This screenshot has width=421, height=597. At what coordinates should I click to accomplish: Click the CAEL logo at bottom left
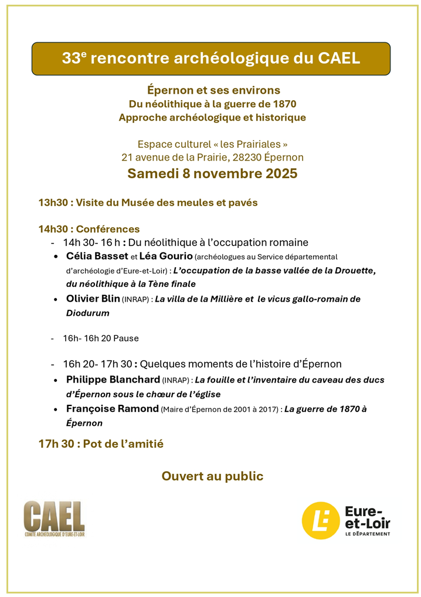[x=54, y=518]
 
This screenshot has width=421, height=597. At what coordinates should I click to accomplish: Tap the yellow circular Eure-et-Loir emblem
[x=320, y=520]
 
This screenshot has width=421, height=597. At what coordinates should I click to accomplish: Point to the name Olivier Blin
[x=93, y=299]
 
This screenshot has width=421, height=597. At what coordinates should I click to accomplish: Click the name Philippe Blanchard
[x=113, y=380]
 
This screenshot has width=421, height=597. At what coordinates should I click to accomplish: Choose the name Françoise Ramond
[x=113, y=408]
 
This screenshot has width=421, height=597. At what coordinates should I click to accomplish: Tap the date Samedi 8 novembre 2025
[x=212, y=173]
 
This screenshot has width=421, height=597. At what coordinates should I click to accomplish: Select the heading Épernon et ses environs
[x=213, y=90]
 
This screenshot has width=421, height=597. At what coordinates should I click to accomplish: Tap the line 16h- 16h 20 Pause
[x=101, y=338]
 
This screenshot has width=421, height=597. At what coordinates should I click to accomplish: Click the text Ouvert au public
[x=212, y=476]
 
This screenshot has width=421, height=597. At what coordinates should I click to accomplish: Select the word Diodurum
[x=87, y=313]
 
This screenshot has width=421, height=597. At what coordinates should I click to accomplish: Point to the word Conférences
[x=108, y=229]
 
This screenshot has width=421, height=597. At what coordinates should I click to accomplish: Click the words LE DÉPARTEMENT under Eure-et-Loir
[x=368, y=533]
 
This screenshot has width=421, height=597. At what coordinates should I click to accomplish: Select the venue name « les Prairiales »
[x=252, y=144]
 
